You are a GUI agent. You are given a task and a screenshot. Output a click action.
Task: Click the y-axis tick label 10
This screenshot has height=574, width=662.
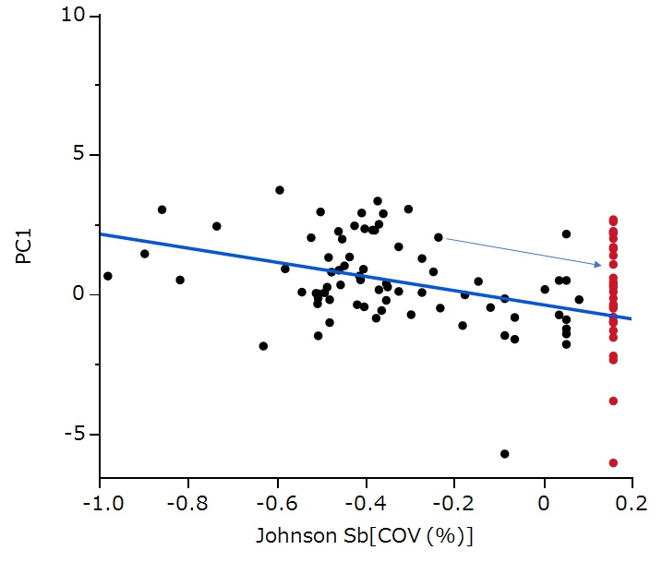pyautogui.click(x=72, y=16)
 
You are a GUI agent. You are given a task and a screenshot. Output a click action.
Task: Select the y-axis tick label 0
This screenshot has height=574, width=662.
pyautogui.click(x=78, y=294)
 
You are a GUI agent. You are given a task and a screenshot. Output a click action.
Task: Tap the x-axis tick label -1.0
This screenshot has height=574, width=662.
pyautogui.click(x=99, y=504)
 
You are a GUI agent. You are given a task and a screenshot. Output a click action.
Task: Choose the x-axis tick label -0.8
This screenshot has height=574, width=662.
pyautogui.click(x=187, y=504)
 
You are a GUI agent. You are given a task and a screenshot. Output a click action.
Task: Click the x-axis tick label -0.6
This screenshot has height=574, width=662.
pyautogui.click(x=276, y=504)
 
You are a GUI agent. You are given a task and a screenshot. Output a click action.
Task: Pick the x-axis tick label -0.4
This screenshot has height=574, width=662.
pyautogui.click(x=366, y=504)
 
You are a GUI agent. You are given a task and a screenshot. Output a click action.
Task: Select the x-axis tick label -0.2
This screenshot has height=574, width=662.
pyautogui.click(x=454, y=504)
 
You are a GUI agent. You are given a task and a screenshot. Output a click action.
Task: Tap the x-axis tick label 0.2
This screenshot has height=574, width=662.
pyautogui.click(x=632, y=504)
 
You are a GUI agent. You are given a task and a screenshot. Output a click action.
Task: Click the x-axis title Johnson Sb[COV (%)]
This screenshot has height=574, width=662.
pyautogui.click(x=365, y=536)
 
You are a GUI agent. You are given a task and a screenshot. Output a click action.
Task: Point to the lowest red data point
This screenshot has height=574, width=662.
pyautogui.click(x=613, y=463)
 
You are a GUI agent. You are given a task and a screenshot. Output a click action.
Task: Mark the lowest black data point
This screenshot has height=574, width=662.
pyautogui.click(x=505, y=454)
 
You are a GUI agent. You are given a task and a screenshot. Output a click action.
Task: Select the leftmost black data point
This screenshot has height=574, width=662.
pyautogui.click(x=108, y=276)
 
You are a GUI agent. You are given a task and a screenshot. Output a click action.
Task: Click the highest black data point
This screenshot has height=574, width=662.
pyautogui.click(x=280, y=190)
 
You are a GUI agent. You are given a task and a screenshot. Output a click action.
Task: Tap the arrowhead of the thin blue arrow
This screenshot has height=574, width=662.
pyautogui.click(x=600, y=265)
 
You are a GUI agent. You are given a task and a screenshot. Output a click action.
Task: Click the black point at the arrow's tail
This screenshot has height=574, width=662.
pyautogui.click(x=439, y=237)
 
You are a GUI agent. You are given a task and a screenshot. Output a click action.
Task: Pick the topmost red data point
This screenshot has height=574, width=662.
pyautogui.click(x=613, y=221)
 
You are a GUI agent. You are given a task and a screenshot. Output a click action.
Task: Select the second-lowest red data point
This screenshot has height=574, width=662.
pyautogui.click(x=613, y=401)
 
